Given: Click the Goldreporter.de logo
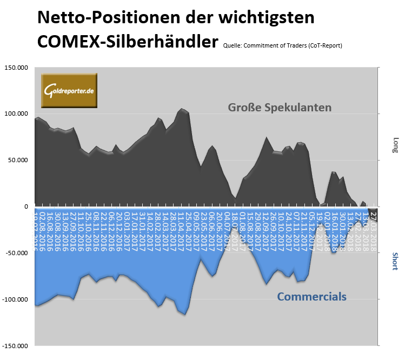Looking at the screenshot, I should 69,90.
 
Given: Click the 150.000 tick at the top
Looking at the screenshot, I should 16,68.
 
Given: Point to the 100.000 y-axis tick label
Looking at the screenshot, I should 16,114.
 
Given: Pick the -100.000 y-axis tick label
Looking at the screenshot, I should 16,299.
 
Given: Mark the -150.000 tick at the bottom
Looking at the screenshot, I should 16,345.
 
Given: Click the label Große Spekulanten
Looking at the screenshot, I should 279,108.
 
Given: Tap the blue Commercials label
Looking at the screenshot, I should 311,297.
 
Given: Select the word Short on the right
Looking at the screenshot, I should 395,261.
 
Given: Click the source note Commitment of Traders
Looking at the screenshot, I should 282,45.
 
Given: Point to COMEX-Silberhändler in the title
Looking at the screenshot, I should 128,42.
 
